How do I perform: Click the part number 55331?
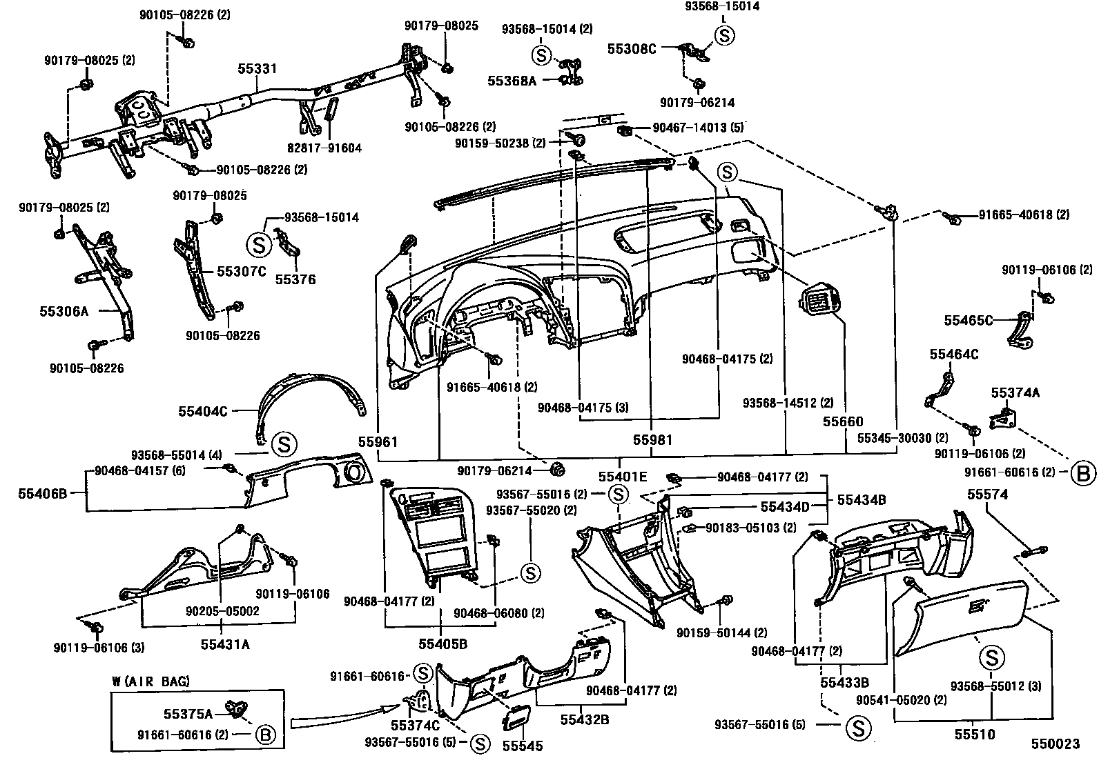pyautogui.click(x=257, y=69)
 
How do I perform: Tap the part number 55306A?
pyautogui.click(x=64, y=311)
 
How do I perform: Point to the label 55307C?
pyautogui.click(x=242, y=272)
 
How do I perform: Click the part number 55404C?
pyautogui.click(x=203, y=411)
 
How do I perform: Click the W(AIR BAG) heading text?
pyautogui.click(x=150, y=681)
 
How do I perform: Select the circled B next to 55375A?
pyautogui.click(x=265, y=735)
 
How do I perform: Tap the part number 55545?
pyautogui.click(x=523, y=746)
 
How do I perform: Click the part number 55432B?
pyautogui.click(x=584, y=720)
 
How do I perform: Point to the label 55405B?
pyautogui.click(x=442, y=644)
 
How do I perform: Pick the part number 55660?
pyautogui.click(x=843, y=421)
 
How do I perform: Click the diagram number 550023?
pyautogui.click(x=1056, y=744)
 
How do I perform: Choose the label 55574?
pyautogui.click(x=987, y=495)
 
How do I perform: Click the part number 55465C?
pyautogui.click(x=969, y=320)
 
